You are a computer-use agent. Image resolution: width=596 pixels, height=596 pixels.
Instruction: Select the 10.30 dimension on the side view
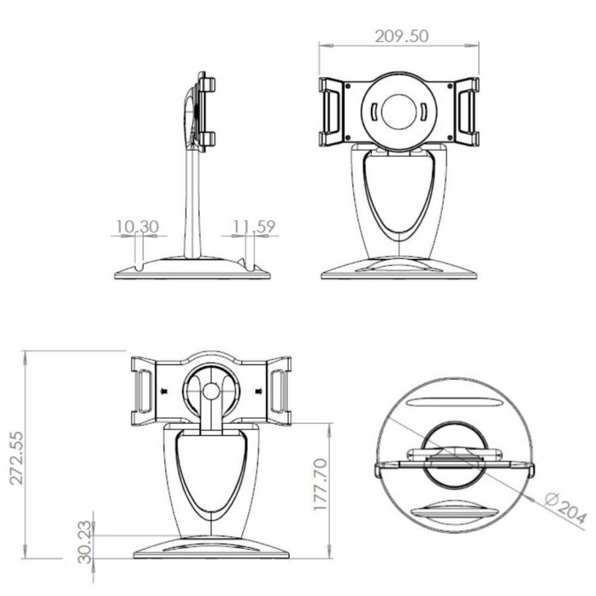click(x=138, y=227)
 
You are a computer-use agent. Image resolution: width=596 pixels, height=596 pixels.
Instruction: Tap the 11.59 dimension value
click(x=254, y=227)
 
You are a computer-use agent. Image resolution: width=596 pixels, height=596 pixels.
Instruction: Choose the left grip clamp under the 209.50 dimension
click(x=330, y=111)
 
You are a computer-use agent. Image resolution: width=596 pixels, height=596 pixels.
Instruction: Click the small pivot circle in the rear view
click(x=211, y=391)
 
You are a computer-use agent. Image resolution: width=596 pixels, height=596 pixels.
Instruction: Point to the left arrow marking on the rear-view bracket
click(x=164, y=391)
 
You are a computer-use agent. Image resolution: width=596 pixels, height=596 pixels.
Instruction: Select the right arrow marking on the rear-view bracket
click(x=259, y=391)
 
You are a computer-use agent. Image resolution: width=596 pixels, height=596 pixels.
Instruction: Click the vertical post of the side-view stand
click(x=192, y=205)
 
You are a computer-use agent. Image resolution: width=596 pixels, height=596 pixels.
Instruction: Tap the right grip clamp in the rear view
click(x=279, y=391)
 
